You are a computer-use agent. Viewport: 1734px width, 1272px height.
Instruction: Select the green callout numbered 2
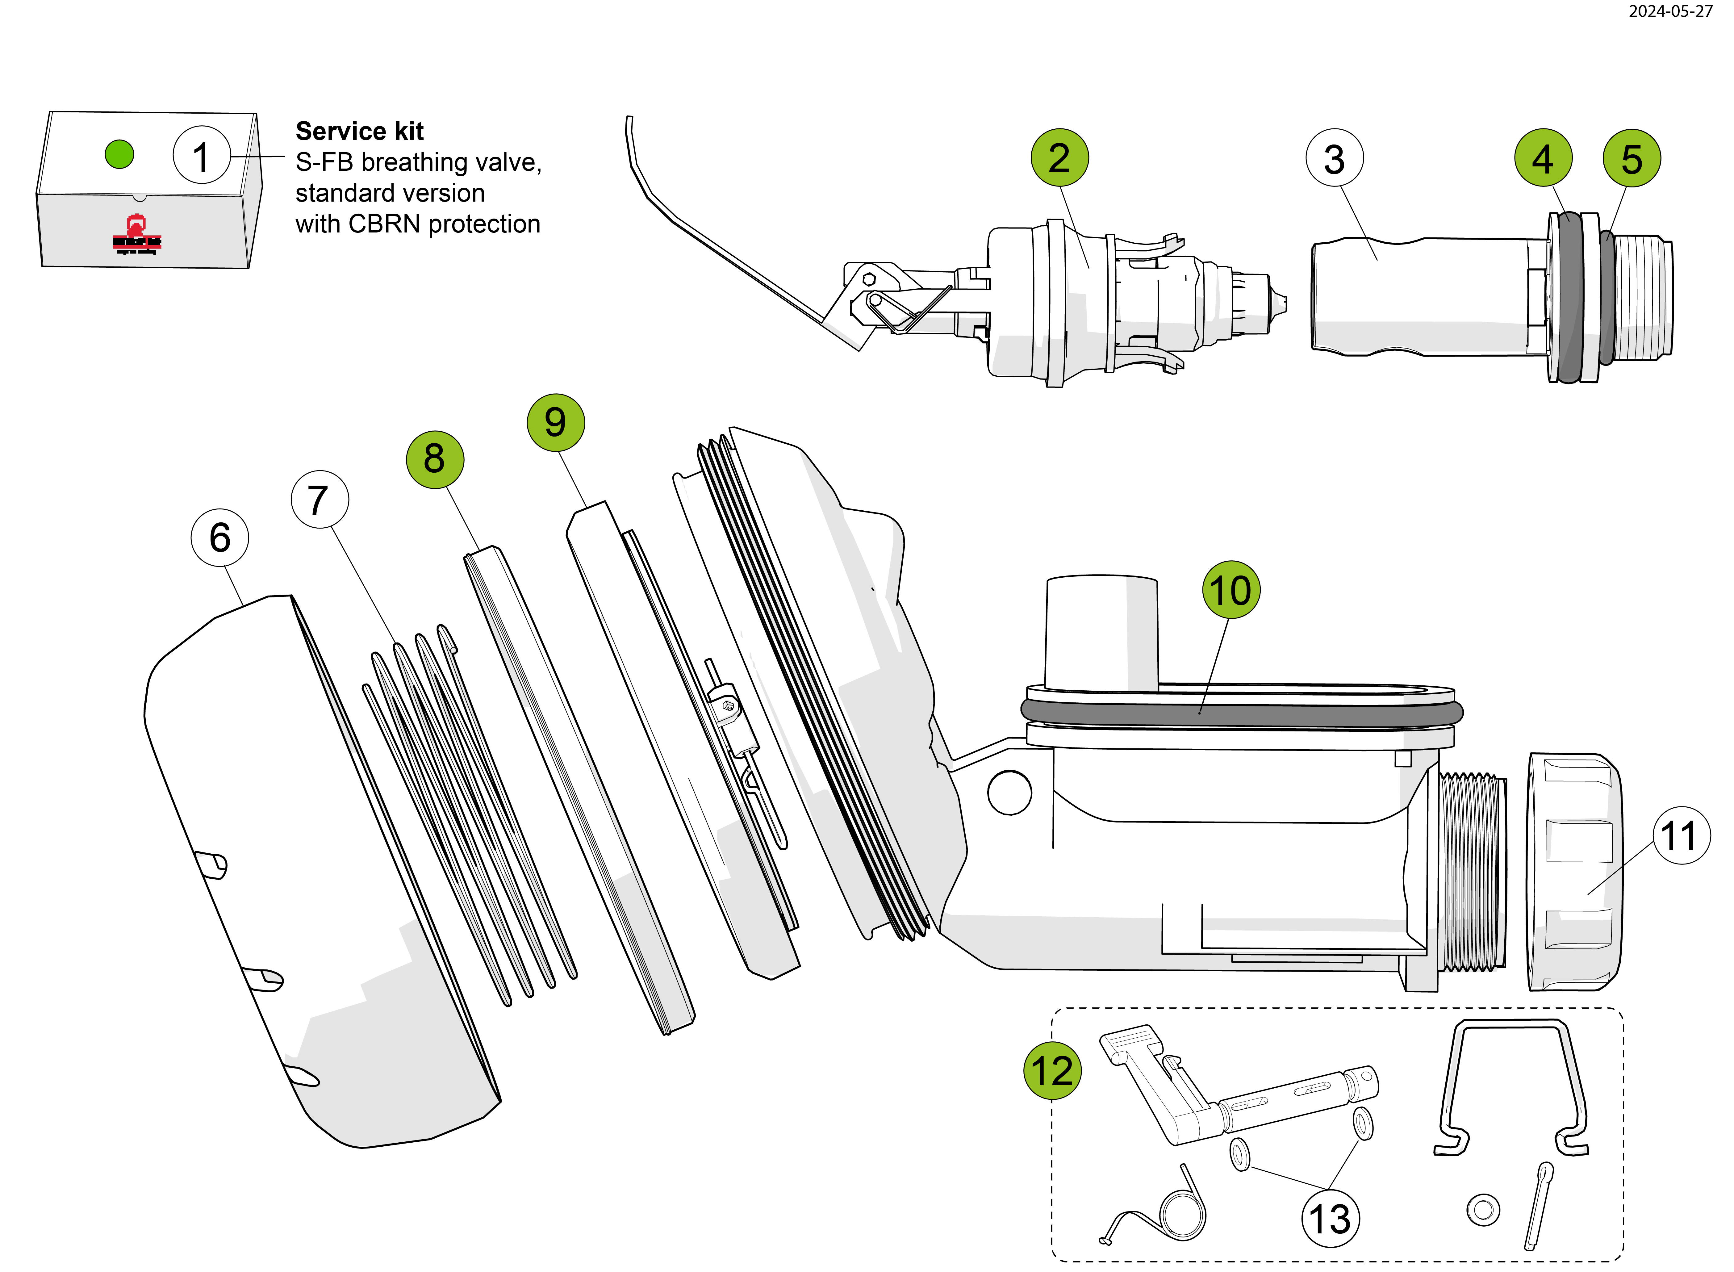pyautogui.click(x=1059, y=158)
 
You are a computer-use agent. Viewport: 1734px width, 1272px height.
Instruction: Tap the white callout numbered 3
pyautogui.click(x=1334, y=159)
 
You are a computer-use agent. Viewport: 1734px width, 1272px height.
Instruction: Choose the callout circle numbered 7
pyautogui.click(x=320, y=500)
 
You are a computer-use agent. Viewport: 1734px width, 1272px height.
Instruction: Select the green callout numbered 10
pyautogui.click(x=1231, y=590)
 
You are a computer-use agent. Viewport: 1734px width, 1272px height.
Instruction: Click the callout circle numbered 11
pyautogui.click(x=1681, y=835)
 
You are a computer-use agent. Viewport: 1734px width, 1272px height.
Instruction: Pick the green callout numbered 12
pyautogui.click(x=1052, y=1070)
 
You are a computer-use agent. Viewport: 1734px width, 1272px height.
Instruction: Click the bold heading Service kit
pyautogui.click(x=360, y=132)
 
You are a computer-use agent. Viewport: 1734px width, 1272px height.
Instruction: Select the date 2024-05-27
pyautogui.click(x=1670, y=11)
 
